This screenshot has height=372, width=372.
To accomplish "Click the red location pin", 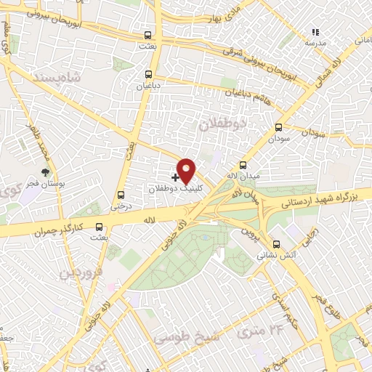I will (x=187, y=170).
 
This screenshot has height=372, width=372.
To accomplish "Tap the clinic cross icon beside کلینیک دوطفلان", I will (x=176, y=177).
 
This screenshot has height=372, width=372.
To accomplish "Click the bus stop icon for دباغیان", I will (x=148, y=74).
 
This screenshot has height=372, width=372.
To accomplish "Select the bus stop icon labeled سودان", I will (x=278, y=126).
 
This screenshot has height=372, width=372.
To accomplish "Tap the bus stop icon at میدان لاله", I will (x=243, y=165).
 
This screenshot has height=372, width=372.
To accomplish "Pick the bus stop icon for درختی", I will (x=121, y=195).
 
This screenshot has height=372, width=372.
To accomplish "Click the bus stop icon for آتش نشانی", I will (x=275, y=244).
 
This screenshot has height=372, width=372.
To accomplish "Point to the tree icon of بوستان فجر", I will (x=46, y=172).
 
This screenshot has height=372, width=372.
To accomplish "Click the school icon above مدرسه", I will (x=315, y=33).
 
